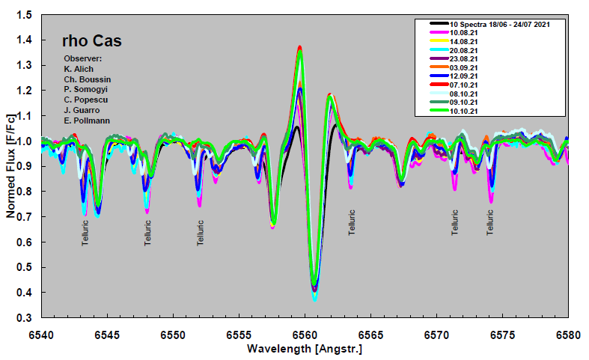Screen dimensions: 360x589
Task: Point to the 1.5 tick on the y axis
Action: click(25, 15)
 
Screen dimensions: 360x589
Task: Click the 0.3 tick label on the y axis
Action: click(25, 318)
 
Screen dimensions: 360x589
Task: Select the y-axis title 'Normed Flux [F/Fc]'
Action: click(10, 166)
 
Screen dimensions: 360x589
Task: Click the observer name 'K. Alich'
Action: click(79, 69)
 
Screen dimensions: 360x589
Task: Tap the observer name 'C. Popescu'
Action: click(84, 100)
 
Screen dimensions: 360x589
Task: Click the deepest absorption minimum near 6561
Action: click(314, 298)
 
